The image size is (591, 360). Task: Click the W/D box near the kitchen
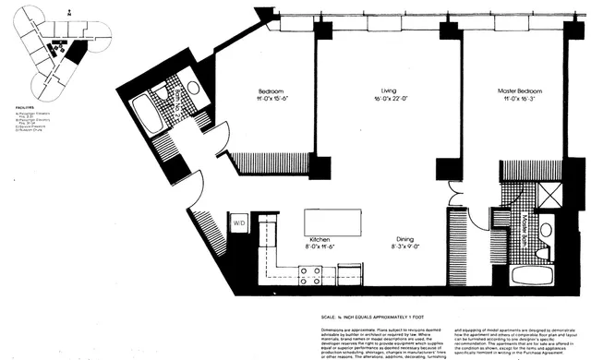[x=238, y=222]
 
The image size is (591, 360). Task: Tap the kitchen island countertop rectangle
[x=332, y=222]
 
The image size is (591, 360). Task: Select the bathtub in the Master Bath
[x=534, y=273]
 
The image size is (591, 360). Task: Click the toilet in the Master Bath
[x=546, y=231]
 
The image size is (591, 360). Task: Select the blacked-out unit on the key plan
[x=78, y=52]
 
